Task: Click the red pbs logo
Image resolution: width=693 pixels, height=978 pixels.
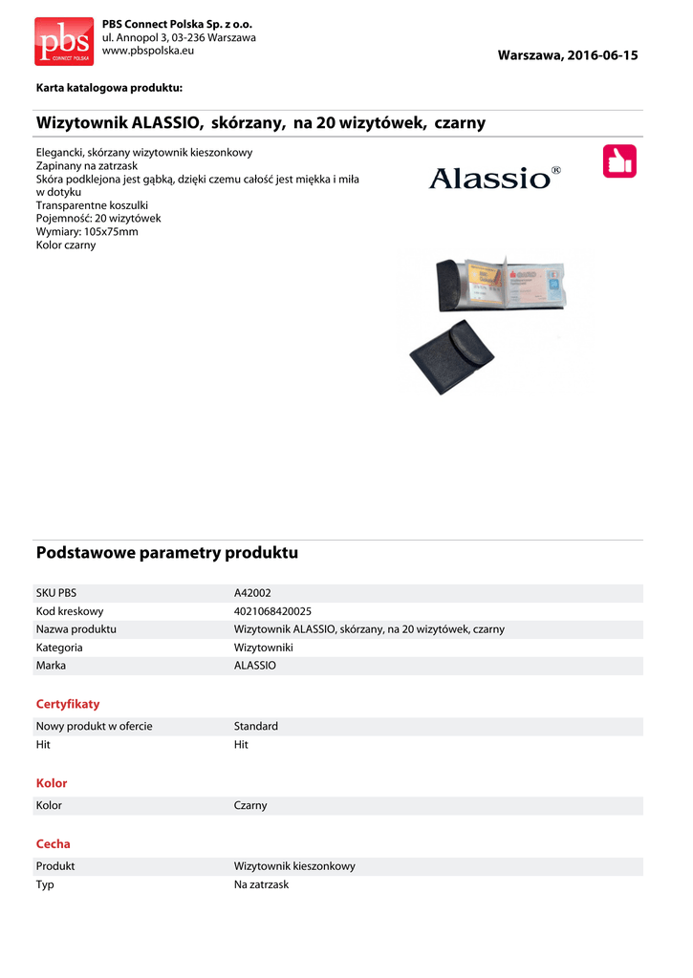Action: (64, 41)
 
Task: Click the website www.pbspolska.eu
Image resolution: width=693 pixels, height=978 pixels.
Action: (147, 50)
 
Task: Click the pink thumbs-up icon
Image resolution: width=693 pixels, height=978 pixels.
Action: (619, 161)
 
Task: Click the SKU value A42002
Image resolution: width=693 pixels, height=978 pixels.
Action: (252, 593)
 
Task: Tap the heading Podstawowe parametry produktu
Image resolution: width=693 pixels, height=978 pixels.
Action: (167, 553)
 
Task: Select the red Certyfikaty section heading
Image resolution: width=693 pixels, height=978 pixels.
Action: (68, 704)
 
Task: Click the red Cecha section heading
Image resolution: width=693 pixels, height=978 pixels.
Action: (54, 844)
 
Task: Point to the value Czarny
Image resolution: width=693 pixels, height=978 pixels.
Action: (250, 806)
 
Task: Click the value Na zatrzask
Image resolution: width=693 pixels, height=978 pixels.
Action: (261, 884)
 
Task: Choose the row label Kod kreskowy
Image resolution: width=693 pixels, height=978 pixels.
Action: (70, 611)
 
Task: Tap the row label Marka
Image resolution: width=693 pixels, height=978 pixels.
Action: (52, 665)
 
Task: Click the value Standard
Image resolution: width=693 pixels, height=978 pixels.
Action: (256, 727)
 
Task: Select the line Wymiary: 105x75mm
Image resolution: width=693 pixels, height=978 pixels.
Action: (87, 232)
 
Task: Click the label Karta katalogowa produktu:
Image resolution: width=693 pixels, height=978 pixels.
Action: (109, 88)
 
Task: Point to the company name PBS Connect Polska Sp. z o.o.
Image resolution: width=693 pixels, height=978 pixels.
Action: (177, 23)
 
